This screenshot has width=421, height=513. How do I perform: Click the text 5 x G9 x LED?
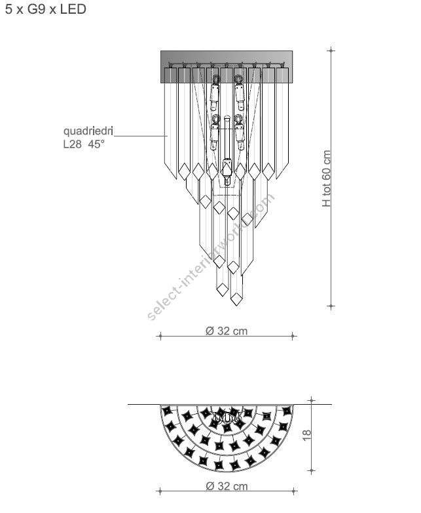(46, 9)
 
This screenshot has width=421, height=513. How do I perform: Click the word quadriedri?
(88, 131)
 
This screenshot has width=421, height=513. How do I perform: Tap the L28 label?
(72, 144)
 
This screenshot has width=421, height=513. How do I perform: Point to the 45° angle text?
(96, 144)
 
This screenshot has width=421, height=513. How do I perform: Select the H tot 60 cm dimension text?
(326, 178)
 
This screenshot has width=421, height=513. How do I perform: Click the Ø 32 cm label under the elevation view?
(227, 331)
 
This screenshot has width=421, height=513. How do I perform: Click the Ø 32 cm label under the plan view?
(227, 486)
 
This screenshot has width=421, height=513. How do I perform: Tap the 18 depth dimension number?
(306, 435)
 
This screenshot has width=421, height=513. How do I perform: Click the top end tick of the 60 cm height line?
(331, 50)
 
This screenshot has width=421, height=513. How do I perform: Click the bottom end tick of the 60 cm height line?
(331, 306)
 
